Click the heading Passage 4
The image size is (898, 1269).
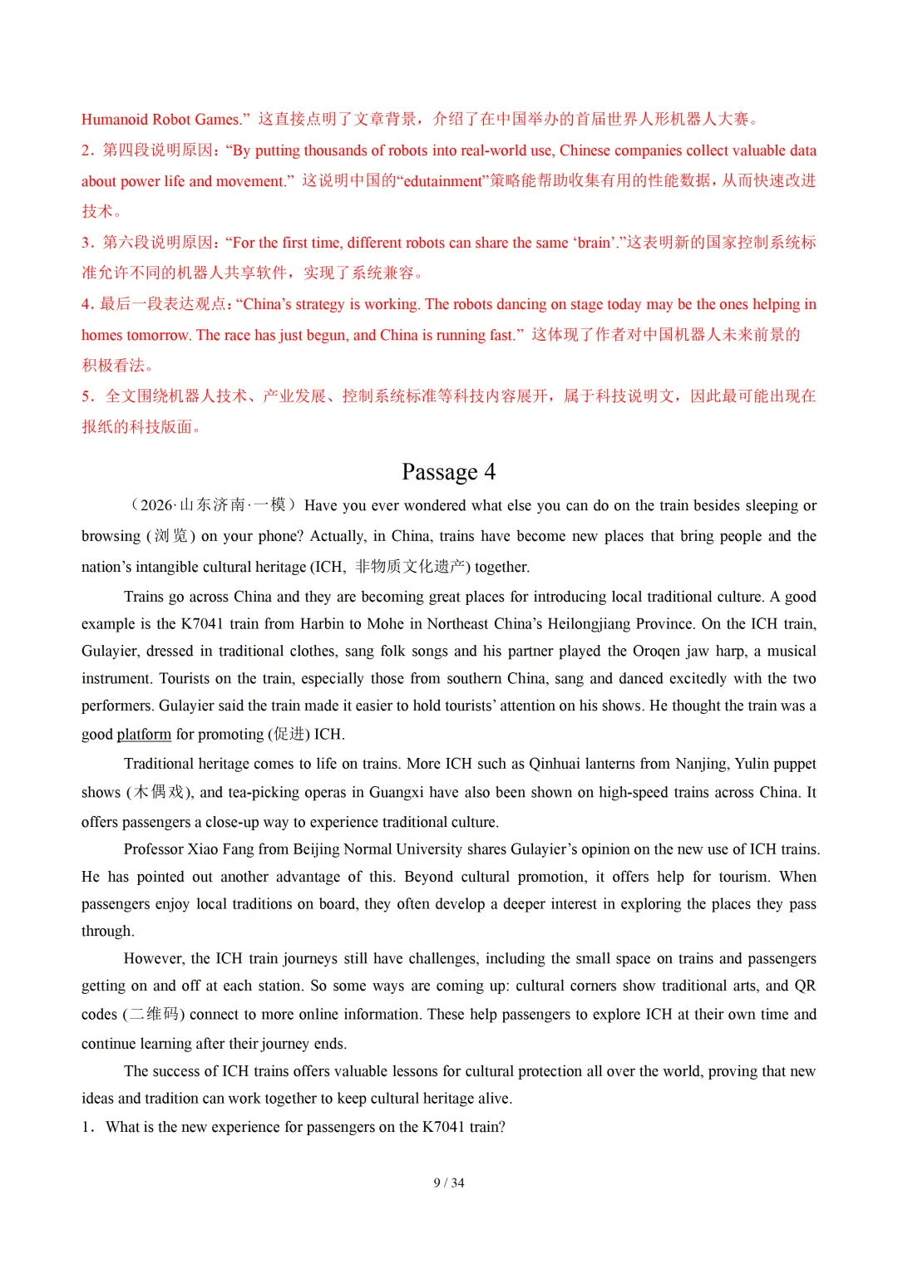pos(448,472)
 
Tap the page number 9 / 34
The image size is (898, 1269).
pos(448,1183)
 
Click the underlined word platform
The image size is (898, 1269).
pos(144,734)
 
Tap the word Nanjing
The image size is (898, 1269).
pos(701,764)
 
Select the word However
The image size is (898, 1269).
pos(153,958)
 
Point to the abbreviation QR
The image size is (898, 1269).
pos(805,986)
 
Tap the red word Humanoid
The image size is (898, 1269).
pos(114,120)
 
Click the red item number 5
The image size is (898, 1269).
pos(86,396)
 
